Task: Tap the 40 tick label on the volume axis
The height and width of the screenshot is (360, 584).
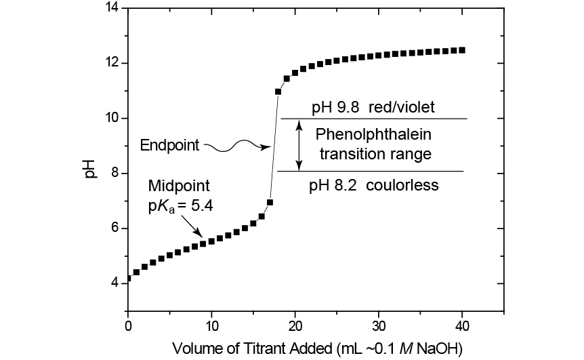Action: (463, 325)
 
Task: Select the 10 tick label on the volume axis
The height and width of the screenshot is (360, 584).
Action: (211, 325)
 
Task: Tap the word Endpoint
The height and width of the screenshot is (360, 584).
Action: (169, 145)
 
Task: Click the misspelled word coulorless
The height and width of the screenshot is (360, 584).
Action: (405, 184)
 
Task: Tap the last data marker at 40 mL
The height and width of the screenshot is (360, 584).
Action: (463, 50)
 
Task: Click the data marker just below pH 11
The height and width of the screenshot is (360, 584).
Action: (278, 92)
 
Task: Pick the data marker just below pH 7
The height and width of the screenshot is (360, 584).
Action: (270, 202)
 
